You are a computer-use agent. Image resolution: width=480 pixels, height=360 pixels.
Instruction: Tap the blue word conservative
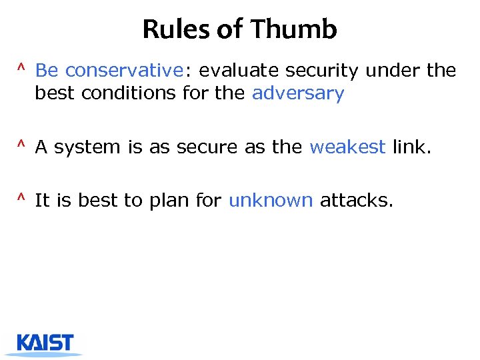[x=124, y=70]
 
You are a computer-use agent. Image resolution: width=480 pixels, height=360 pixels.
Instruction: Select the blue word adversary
[x=298, y=93]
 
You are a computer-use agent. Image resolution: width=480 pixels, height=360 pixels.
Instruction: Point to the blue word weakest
[x=347, y=147]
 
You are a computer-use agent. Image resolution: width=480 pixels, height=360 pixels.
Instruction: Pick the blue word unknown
[x=271, y=200]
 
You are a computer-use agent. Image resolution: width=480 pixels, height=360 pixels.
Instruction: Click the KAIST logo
[x=46, y=343]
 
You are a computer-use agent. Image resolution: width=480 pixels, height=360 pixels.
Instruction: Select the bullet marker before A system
[x=21, y=145]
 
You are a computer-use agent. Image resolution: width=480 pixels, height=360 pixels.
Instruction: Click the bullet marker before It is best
[x=21, y=198]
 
